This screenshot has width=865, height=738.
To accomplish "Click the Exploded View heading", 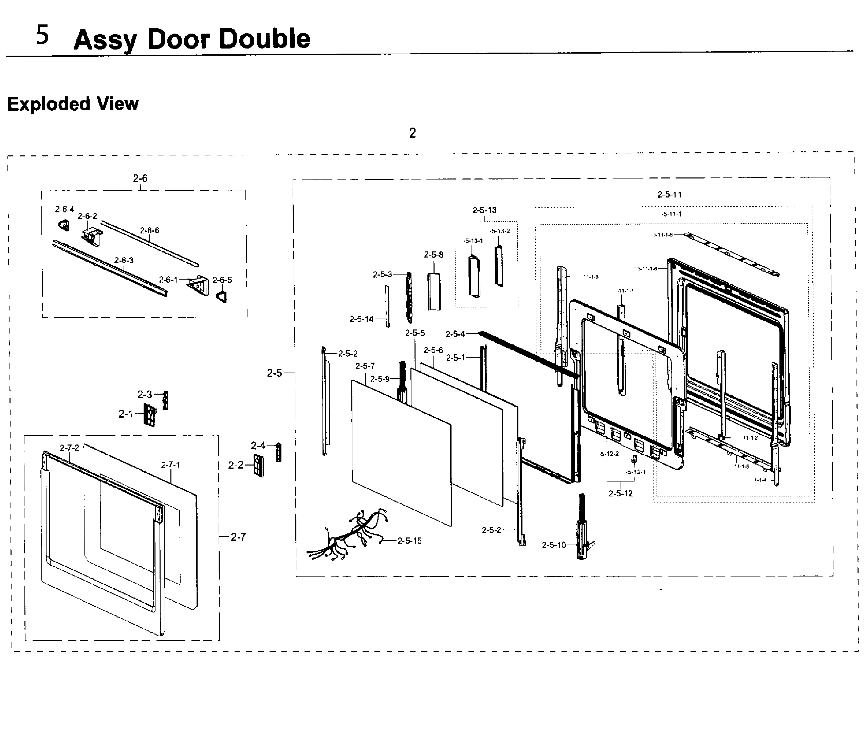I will coord(73,104).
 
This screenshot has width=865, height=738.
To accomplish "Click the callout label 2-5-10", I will coord(554,545).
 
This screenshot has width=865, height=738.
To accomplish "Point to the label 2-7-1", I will coord(170,465).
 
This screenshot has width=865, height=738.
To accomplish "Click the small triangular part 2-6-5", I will coord(222,296).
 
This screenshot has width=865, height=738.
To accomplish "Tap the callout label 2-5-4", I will coord(455,334).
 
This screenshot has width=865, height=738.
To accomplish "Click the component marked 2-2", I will coord(258,465).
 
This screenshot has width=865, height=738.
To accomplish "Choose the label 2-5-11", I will coord(669,194).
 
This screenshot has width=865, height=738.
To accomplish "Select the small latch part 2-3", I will coord(165,400).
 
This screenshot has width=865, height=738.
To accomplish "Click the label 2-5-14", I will coord(361,319).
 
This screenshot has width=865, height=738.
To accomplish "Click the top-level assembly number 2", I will coord(412,133).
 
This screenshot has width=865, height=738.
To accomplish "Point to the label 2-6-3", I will coord(124,260).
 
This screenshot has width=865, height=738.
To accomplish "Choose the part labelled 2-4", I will coord(278,452).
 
